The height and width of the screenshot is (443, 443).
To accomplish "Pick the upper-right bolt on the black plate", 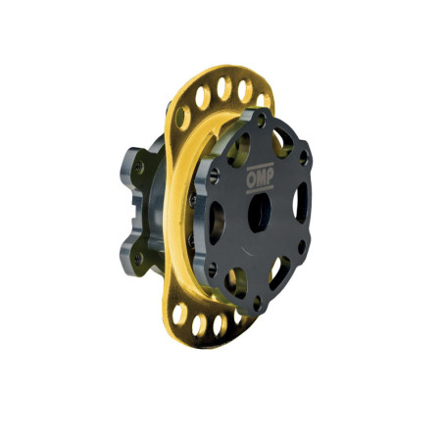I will (x=304, y=157).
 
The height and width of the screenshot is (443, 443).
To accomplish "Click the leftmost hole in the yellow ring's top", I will (x=182, y=117).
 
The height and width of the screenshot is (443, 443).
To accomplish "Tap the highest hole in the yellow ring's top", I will (x=222, y=87).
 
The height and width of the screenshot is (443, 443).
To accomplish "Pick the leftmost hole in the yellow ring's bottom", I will (x=180, y=313).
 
